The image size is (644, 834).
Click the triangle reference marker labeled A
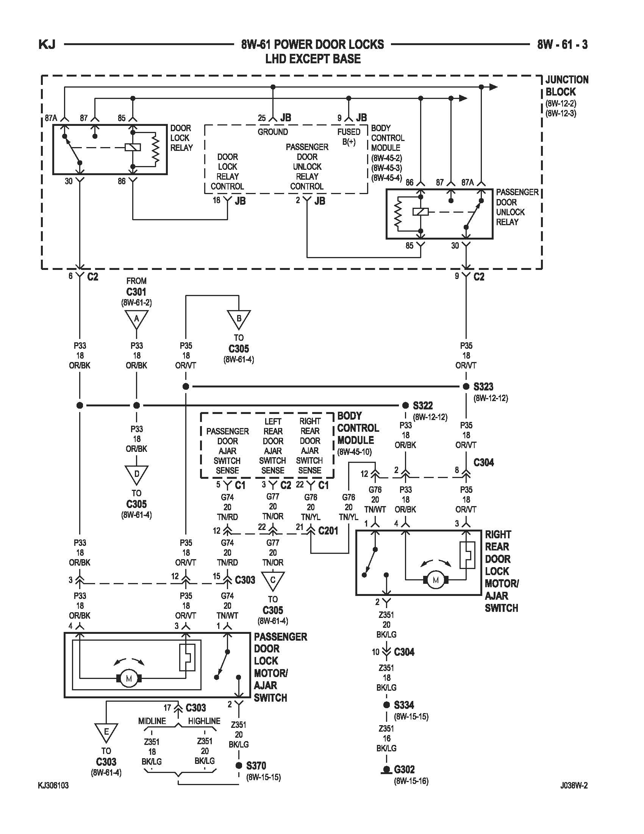(137, 319)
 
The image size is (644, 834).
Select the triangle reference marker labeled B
(239, 319)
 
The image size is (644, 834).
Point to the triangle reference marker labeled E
(106, 732)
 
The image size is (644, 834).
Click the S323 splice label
(483, 387)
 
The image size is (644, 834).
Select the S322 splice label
(423, 406)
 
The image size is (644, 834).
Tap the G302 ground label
(405, 770)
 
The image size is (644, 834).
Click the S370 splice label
(256, 766)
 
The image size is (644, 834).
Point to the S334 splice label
(404, 705)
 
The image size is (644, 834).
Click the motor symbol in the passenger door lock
(129, 679)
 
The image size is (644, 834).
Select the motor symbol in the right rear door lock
(436, 580)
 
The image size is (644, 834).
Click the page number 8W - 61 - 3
(562, 45)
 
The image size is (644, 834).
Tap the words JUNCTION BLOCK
(567, 86)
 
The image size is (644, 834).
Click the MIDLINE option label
(152, 721)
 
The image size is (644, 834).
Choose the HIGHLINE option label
(204, 721)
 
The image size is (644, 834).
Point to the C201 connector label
(328, 531)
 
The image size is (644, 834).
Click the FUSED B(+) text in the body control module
(349, 137)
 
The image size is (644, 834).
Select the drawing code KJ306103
(53, 785)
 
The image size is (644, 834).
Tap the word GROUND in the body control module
(273, 132)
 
